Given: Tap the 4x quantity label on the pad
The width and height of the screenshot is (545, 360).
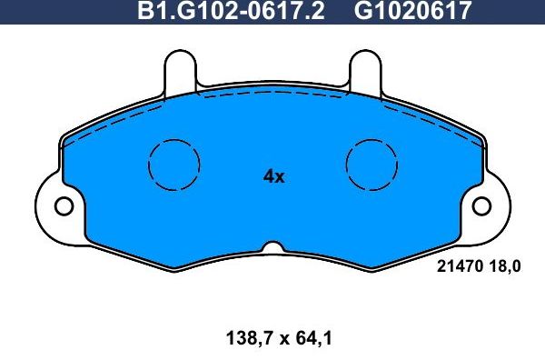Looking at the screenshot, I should [x=273, y=177].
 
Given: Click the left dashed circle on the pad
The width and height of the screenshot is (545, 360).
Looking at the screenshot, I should [x=173, y=165].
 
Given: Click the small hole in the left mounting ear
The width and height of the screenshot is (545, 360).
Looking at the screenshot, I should [x=63, y=206].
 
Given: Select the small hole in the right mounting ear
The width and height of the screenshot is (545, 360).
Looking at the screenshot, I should [x=482, y=206].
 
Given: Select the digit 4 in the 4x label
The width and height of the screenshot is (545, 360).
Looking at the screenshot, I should [x=268, y=177].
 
